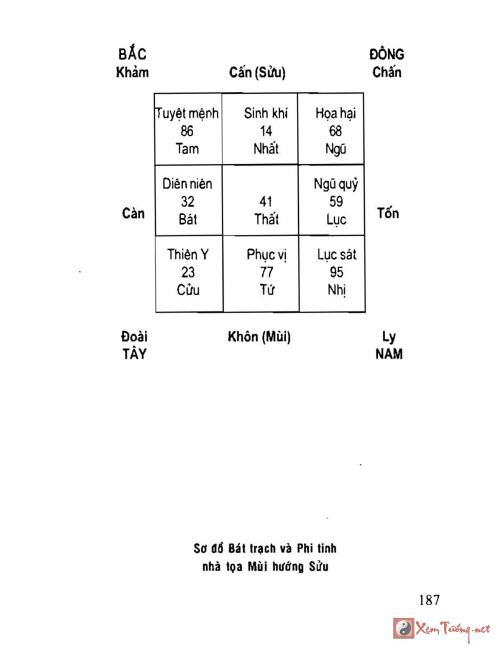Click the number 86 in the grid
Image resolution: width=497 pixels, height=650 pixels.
click(x=187, y=131)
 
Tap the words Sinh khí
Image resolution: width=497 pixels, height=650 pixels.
click(x=266, y=114)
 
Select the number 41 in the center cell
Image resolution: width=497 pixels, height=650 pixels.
click(x=266, y=202)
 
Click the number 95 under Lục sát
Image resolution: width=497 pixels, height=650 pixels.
click(x=337, y=272)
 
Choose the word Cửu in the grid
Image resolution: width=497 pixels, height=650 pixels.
click(x=187, y=290)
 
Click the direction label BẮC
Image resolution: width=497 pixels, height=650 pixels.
click(x=133, y=55)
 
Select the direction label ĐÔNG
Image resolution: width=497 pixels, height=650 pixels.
click(x=386, y=54)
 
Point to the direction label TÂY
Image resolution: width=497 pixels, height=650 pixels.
click(x=134, y=354)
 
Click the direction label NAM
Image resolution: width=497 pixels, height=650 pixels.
click(x=389, y=354)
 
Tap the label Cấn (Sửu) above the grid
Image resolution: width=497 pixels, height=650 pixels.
click(x=257, y=73)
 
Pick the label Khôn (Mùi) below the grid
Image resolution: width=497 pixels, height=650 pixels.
click(x=259, y=337)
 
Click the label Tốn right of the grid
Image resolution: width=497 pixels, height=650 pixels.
click(x=388, y=213)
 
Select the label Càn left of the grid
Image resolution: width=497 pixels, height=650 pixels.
click(x=134, y=213)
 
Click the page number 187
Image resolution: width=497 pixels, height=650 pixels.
click(x=429, y=600)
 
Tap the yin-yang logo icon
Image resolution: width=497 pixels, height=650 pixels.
click(x=403, y=628)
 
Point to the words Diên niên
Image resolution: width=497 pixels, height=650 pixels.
click(x=187, y=184)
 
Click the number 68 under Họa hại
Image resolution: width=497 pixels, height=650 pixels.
click(x=336, y=131)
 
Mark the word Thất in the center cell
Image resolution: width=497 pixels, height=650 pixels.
click(x=267, y=219)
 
